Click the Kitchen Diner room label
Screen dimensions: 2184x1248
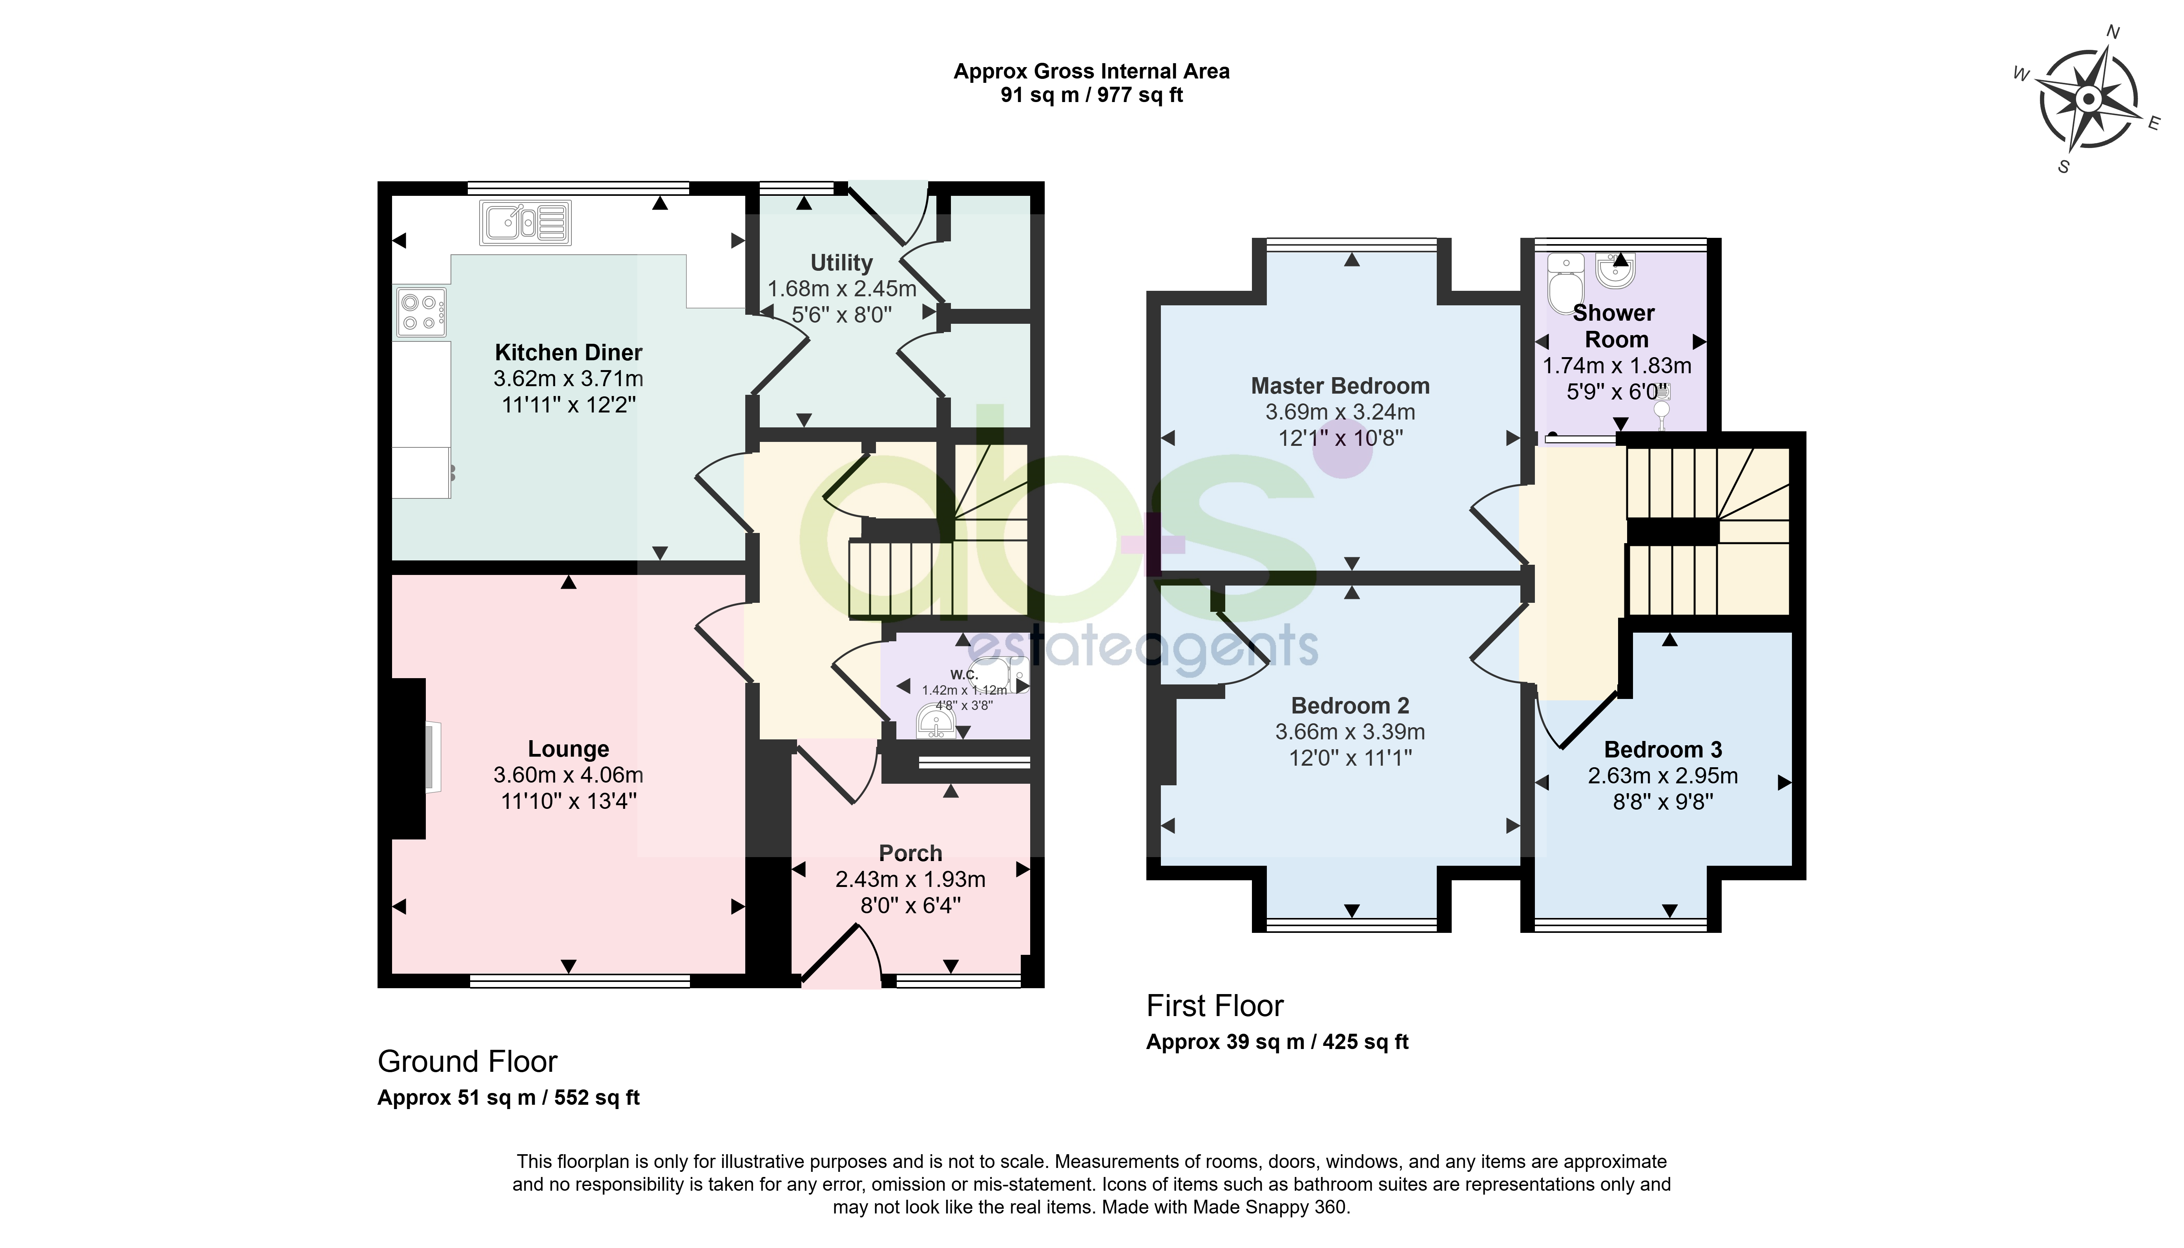click(x=568, y=352)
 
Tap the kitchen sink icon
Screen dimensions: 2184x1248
click(x=525, y=223)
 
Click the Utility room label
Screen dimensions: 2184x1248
click(x=842, y=263)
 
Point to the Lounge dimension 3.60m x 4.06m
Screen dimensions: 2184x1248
click(x=568, y=775)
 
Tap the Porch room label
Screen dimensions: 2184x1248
click(x=910, y=854)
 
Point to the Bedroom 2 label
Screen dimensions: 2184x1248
click(x=1350, y=705)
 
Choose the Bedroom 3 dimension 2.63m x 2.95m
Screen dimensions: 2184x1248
click(x=1663, y=776)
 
